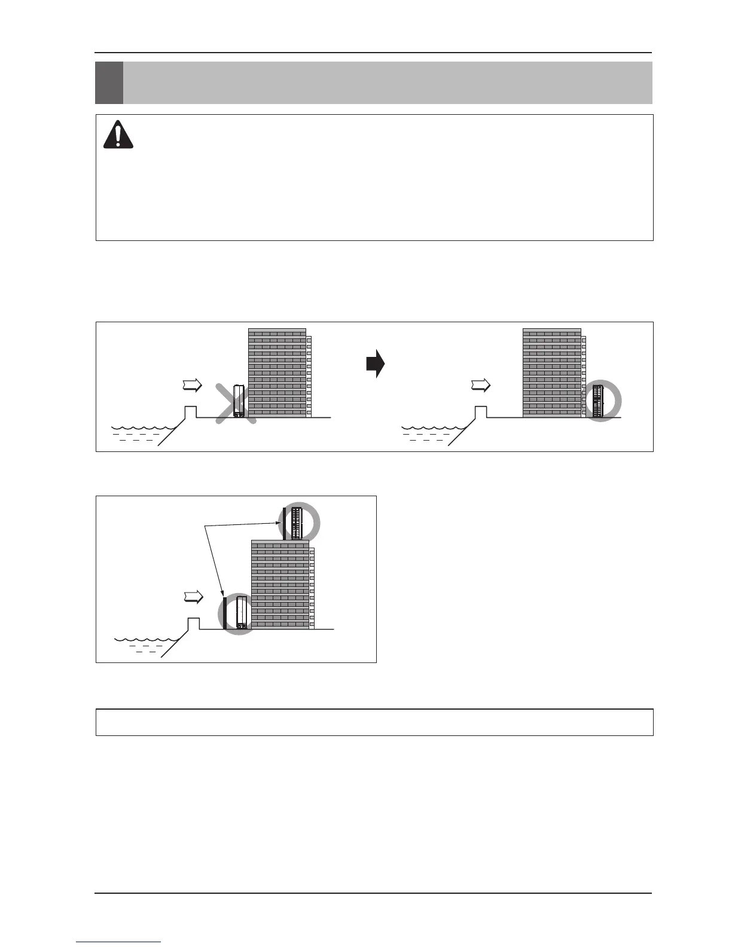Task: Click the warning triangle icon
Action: (118, 135)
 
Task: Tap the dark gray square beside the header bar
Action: (109, 83)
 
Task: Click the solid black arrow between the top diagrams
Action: (375, 364)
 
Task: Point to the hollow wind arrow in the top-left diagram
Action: (192, 386)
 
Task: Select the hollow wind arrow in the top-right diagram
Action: (480, 386)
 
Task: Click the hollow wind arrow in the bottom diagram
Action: (193, 597)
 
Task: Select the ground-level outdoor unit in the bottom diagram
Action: (242, 612)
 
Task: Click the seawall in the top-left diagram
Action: (190, 412)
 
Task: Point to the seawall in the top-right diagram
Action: (480, 412)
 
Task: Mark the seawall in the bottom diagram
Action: (193, 624)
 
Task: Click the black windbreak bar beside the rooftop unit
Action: (285, 524)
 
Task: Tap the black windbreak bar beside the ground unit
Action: (224, 613)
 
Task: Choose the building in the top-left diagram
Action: (277, 372)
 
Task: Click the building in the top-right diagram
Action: (551, 372)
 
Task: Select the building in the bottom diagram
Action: (280, 584)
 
